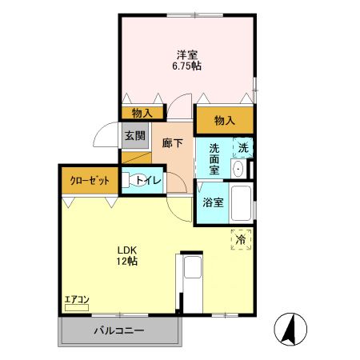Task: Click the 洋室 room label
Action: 188,55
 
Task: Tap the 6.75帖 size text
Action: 188,66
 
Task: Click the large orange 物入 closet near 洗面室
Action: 225,120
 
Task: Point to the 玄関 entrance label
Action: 134,135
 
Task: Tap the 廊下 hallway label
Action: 172,142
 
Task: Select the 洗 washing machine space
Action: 243,147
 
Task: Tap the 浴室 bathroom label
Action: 213,202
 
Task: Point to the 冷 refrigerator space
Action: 241,239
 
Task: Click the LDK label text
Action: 126,250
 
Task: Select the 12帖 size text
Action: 126,262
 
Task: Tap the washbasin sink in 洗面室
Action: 238,168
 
